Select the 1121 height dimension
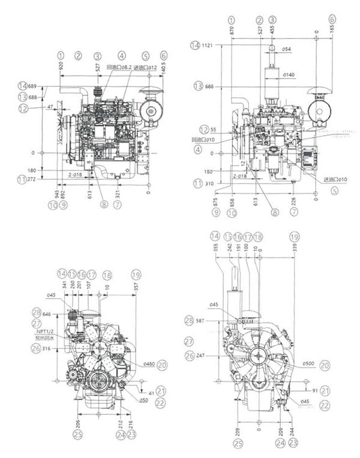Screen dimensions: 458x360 point(207,45)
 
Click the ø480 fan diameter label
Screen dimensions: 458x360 point(151,364)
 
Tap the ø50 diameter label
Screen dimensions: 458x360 point(144,399)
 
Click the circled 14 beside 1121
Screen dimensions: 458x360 point(194,45)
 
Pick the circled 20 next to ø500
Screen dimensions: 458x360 point(325,364)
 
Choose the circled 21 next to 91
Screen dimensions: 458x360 point(325,390)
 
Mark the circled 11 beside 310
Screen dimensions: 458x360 point(196,183)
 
